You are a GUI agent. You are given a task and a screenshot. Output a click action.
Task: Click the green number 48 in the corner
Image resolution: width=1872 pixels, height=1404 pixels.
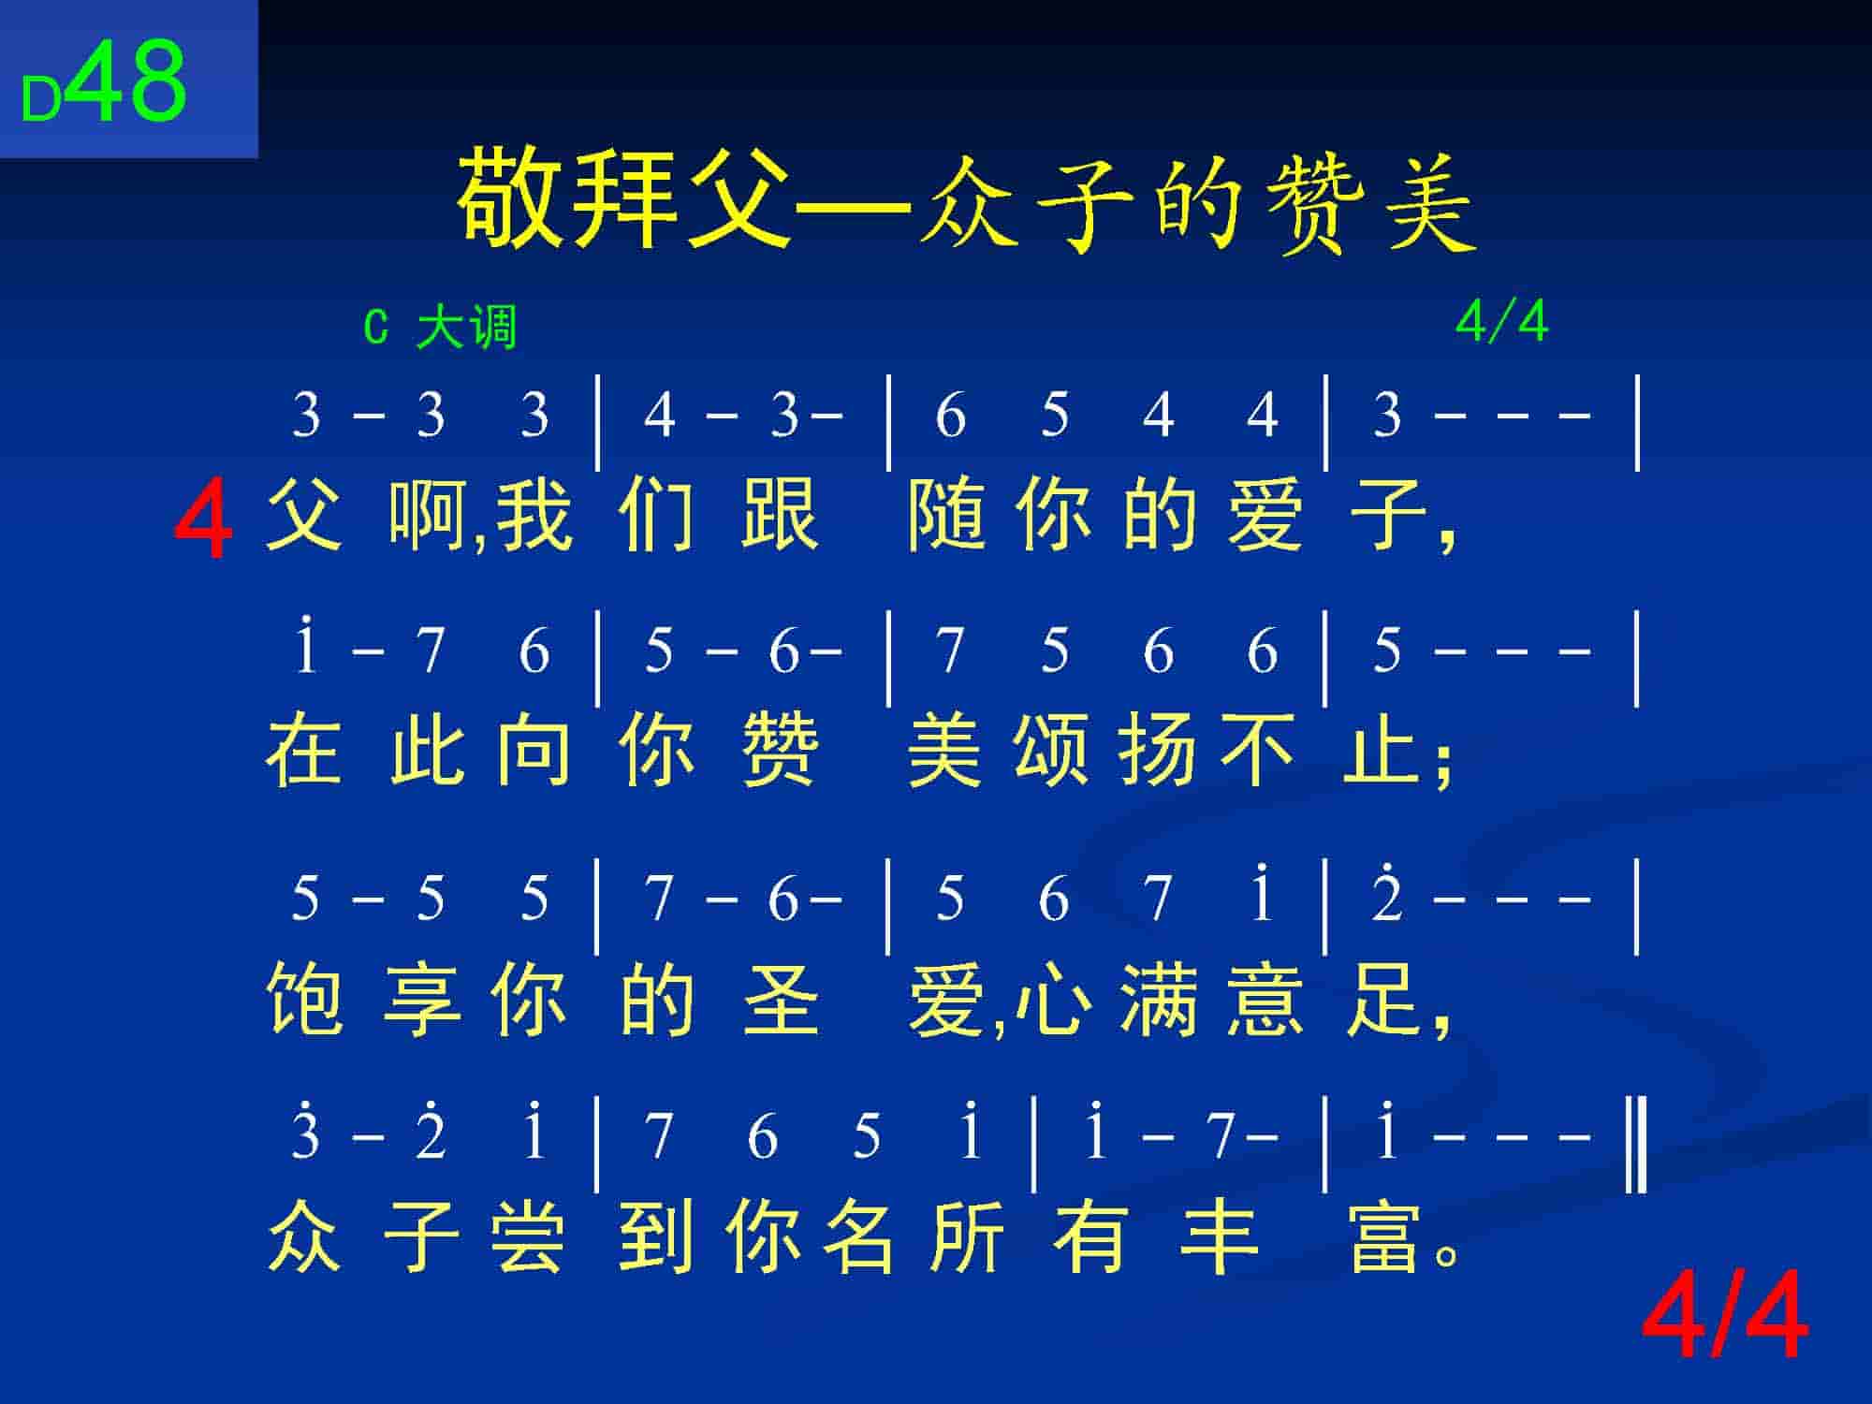click(x=127, y=81)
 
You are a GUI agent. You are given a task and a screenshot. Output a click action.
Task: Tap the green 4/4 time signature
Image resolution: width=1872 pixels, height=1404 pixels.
click(x=1501, y=322)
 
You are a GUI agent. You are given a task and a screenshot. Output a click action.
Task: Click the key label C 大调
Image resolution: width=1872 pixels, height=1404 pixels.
click(x=440, y=328)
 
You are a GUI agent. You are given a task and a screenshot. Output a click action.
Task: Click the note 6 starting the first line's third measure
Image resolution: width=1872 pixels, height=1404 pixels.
click(x=950, y=415)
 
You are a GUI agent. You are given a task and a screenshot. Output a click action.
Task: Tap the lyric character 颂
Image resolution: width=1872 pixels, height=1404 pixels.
click(x=1051, y=751)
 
